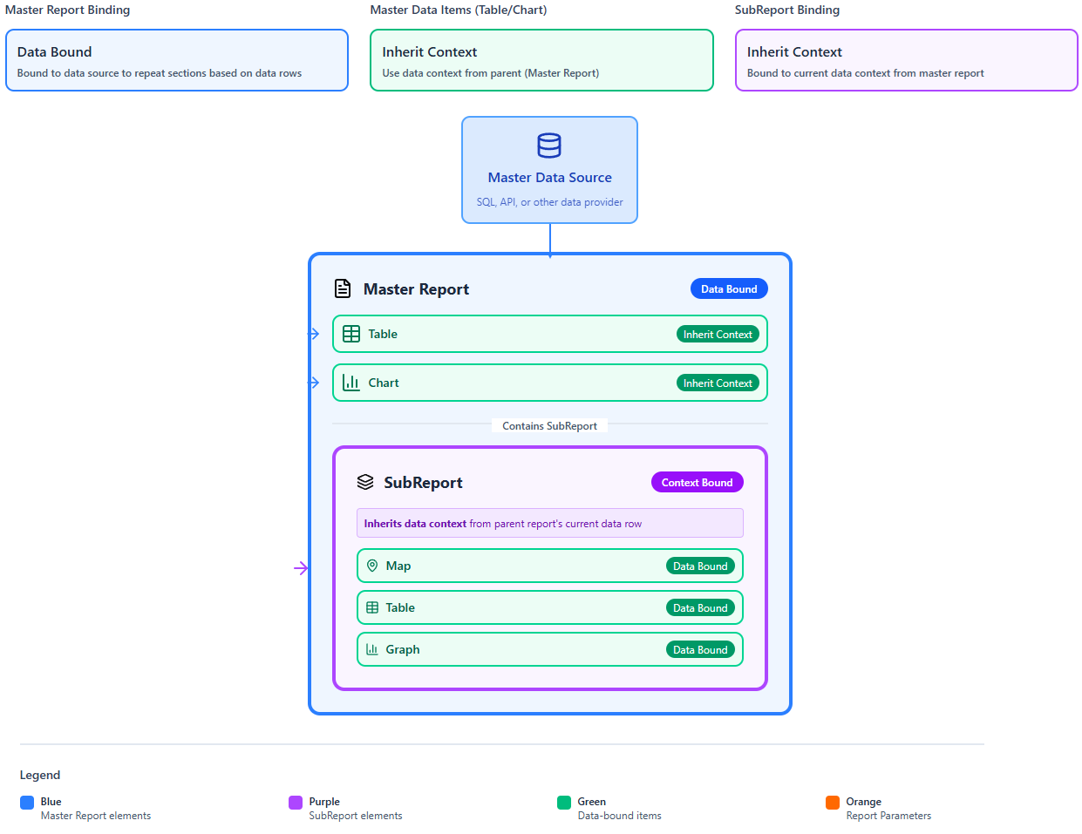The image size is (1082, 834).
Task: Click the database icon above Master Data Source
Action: coord(549,146)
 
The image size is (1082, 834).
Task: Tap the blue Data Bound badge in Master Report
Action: coord(729,289)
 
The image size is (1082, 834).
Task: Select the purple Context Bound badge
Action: coord(697,483)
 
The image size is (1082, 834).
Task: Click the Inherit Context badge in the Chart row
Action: coord(718,383)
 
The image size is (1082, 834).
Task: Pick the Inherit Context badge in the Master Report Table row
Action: coord(718,335)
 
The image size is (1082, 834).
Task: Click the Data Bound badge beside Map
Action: coord(700,566)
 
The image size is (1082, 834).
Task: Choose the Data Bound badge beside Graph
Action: coord(700,650)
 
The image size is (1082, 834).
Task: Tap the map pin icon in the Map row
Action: coord(372,566)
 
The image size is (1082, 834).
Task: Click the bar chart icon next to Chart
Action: coord(351,383)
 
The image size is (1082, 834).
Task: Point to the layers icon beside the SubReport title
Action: coord(365,482)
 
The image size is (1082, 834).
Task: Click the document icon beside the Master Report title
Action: coord(343,288)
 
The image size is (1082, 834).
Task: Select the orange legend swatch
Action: coord(833,803)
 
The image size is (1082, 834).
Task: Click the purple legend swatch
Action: coord(296,803)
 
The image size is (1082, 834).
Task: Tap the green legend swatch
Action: coord(564,803)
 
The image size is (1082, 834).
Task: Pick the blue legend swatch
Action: coord(27,803)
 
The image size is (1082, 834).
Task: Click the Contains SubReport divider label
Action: coord(549,426)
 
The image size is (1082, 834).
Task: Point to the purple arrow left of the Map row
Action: coord(302,568)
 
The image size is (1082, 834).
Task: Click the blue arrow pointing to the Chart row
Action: coord(314,383)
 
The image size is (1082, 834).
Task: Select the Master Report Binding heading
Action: coord(68,10)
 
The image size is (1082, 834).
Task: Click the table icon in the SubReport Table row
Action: coord(372,607)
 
